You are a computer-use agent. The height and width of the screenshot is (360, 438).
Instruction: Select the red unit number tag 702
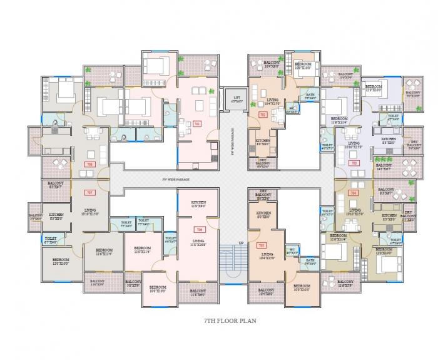pos(263,115)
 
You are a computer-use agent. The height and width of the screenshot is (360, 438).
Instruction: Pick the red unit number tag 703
pos(354,163)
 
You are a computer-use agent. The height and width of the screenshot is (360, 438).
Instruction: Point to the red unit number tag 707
pos(89,192)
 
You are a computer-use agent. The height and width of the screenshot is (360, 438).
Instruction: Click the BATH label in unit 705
pos(310,261)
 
